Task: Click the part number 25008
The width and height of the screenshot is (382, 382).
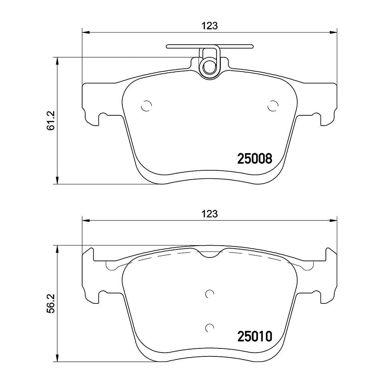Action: click(x=254, y=159)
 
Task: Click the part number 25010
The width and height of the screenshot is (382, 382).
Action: click(x=254, y=337)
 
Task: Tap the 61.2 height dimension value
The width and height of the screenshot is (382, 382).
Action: click(x=52, y=121)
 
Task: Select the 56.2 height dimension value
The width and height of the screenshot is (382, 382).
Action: click(x=52, y=303)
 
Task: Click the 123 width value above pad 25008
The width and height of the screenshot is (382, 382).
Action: click(x=210, y=26)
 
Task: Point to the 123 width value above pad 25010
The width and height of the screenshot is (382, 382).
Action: click(x=210, y=214)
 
